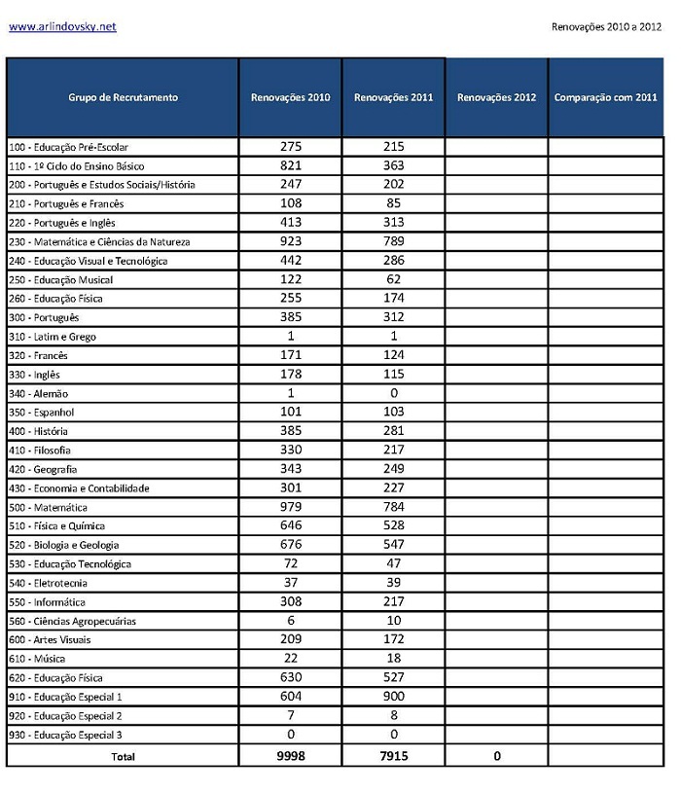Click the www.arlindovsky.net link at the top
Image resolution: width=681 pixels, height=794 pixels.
62,26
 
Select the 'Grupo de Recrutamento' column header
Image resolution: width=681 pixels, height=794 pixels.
123,97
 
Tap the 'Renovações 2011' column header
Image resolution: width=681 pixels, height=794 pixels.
393,97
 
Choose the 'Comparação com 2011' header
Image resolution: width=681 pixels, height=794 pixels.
605,97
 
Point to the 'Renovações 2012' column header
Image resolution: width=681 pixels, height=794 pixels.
496,97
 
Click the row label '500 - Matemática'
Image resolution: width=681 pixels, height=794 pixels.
49,507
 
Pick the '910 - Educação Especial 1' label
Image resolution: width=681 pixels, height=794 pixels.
65,697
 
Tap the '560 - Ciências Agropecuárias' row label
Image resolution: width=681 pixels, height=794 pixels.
72,621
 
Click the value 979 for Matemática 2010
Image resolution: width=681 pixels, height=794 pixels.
291,507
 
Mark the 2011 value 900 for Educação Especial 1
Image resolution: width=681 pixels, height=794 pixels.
393,697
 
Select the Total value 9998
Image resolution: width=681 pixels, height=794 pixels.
291,755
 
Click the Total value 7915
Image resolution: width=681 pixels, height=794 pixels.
393,755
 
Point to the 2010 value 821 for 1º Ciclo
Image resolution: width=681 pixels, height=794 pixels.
291,165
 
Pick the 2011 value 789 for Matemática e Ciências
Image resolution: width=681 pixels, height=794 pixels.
393,241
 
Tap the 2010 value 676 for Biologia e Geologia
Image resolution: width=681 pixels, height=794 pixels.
291,545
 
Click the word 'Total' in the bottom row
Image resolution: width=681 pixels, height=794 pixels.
124,756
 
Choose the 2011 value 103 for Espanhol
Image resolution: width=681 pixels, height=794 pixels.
393,412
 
